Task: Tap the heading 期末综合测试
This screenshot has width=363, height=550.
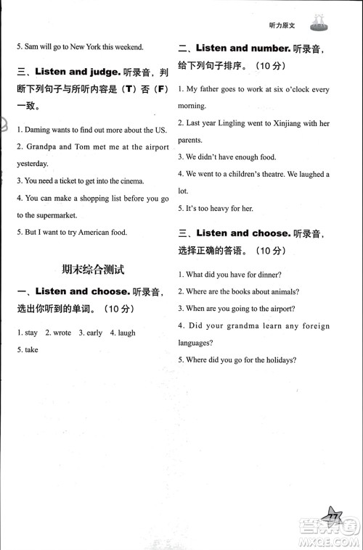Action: tap(93, 270)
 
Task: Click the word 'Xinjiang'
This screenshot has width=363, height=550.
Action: tap(285, 124)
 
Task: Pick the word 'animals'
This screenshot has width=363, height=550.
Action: tap(283, 292)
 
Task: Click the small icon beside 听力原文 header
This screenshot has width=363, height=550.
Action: tap(319, 24)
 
